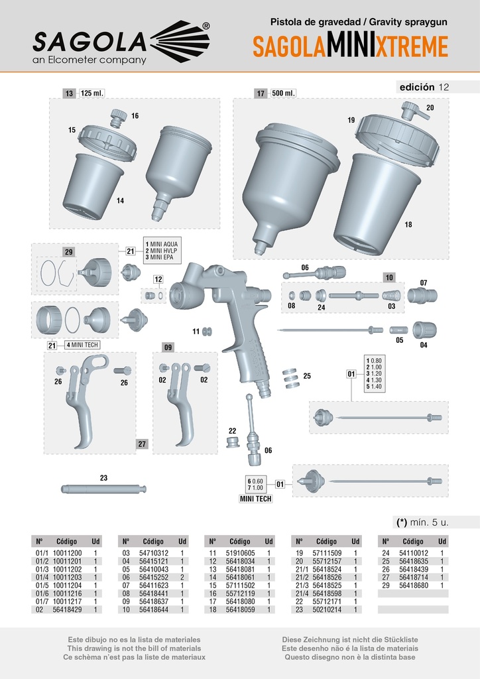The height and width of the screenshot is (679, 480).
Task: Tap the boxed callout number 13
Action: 70,93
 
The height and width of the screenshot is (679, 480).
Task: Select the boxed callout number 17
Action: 261,93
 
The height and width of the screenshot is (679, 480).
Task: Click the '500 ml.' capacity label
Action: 283,93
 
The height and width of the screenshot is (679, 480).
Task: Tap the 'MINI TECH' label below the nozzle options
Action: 256,496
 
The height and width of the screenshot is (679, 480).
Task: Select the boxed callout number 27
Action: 143,444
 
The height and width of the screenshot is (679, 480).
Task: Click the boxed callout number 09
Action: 168,347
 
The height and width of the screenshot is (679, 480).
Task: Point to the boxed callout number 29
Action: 69,252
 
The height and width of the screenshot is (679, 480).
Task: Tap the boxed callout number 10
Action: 389,277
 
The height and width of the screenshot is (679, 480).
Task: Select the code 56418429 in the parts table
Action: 67,609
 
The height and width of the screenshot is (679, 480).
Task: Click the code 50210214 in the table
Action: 326,609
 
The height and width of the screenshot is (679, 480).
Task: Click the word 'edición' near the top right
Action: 416,87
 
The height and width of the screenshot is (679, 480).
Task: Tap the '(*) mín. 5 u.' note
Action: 422,522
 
